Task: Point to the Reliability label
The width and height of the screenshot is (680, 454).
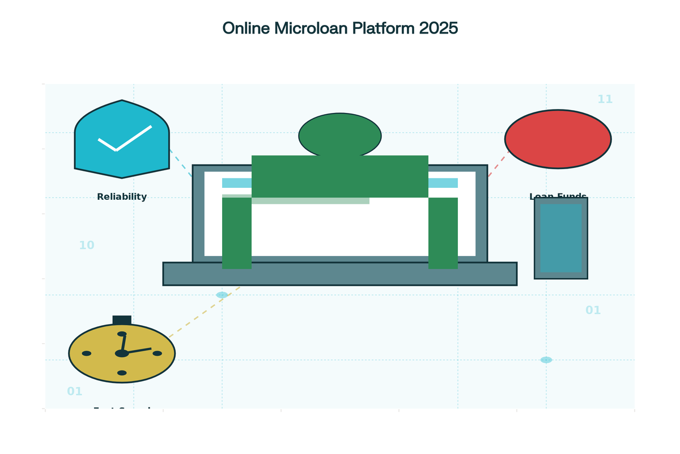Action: tap(122, 197)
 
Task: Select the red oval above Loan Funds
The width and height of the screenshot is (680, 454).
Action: tap(558, 139)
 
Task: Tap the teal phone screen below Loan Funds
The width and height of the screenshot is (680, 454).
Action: tap(560, 238)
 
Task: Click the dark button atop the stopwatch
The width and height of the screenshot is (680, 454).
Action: tap(122, 320)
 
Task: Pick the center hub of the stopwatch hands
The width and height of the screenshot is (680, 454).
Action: tap(122, 353)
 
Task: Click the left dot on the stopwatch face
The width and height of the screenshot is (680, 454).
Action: tap(87, 353)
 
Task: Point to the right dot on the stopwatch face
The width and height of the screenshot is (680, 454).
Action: tap(157, 353)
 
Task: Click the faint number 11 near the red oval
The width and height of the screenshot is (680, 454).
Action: tap(605, 99)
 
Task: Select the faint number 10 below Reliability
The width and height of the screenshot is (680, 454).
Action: tap(87, 246)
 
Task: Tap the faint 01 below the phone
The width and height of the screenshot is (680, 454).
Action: tap(593, 310)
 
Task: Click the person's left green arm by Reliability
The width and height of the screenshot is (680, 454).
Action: tap(236, 233)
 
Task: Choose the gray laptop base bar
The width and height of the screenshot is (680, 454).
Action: tap(340, 274)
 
